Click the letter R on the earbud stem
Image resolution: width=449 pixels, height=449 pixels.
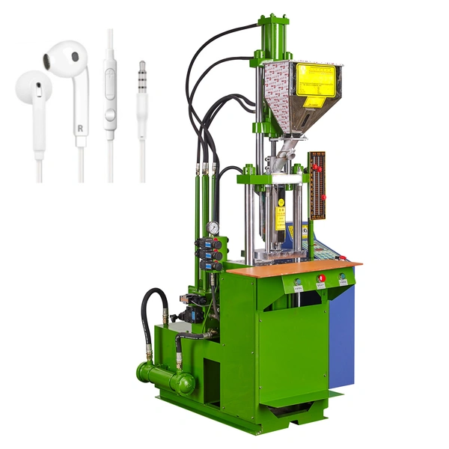point(79,127)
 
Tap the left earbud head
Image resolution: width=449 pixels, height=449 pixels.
point(31,92)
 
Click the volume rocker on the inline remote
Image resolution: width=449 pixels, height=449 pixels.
point(110,79)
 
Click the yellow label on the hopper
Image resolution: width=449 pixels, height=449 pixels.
point(315,80)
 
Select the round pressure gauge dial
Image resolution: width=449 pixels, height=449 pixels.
point(214,227)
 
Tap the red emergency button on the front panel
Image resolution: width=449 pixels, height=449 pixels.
point(321,278)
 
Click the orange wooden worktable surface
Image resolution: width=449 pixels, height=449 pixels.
point(292,267)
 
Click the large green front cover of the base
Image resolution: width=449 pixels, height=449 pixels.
point(292,352)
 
